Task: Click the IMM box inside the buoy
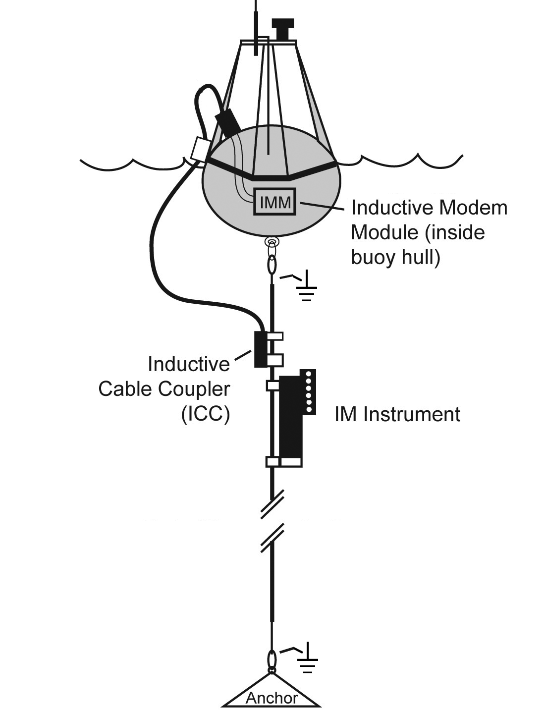(x=274, y=202)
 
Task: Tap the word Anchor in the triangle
(x=272, y=698)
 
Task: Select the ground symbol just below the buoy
(x=307, y=287)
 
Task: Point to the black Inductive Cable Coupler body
(x=260, y=349)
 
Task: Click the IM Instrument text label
(x=397, y=414)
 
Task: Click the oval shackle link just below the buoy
(x=272, y=265)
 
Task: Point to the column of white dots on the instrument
(x=310, y=391)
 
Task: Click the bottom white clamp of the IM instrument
(x=284, y=462)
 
